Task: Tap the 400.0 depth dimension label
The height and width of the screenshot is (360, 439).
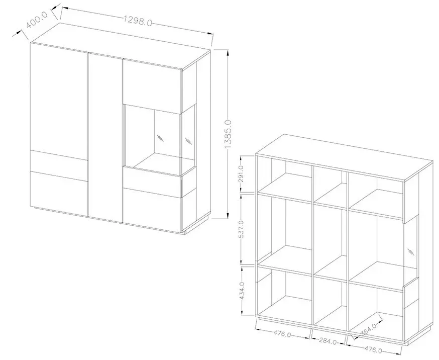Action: (38, 19)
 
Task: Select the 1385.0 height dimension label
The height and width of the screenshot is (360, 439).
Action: (228, 134)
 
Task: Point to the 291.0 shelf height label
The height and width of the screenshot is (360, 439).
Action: (242, 173)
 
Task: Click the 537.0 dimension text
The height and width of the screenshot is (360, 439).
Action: (242, 229)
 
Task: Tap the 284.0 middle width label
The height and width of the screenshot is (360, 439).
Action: (328, 341)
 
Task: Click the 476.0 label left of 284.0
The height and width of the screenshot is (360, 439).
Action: (282, 334)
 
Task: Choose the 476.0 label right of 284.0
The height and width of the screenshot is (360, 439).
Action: (374, 349)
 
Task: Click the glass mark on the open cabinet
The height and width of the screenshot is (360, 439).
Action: (411, 251)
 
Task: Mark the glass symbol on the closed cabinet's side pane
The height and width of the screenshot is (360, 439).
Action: (189, 141)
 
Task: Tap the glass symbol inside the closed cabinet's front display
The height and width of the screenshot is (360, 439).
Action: (160, 138)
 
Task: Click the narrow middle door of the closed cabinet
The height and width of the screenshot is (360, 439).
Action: (105, 138)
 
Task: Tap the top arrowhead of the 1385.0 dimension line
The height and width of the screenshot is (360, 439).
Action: (228, 53)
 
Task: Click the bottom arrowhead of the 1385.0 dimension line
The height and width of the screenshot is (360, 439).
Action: (228, 216)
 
